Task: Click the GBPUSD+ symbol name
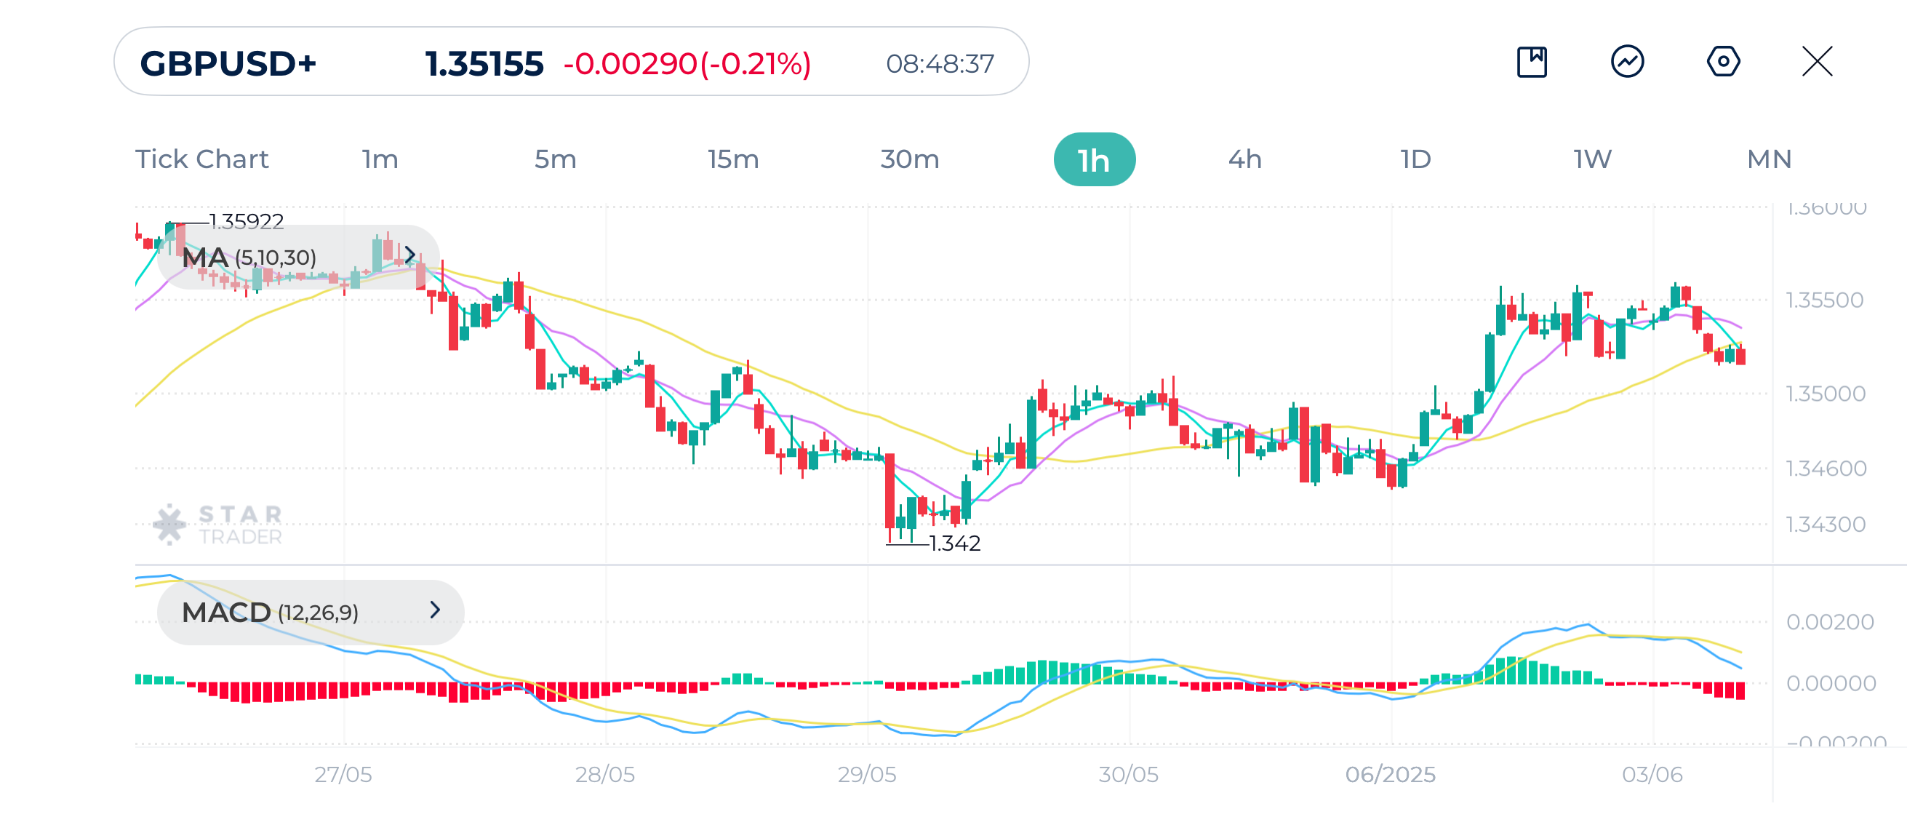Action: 228,64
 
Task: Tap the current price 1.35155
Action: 484,64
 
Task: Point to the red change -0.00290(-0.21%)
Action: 687,64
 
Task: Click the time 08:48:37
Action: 940,64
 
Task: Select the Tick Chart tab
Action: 201,159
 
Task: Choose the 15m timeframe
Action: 733,159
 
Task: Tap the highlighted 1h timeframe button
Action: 1093,160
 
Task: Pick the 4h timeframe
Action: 1244,159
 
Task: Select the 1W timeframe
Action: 1592,159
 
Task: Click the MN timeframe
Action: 1769,159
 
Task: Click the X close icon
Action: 1817,61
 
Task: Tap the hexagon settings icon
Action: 1723,61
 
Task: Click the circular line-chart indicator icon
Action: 1627,61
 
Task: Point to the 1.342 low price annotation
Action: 954,543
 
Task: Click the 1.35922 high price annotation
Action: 246,220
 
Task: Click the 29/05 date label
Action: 866,775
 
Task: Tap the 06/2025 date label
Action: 1390,775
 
